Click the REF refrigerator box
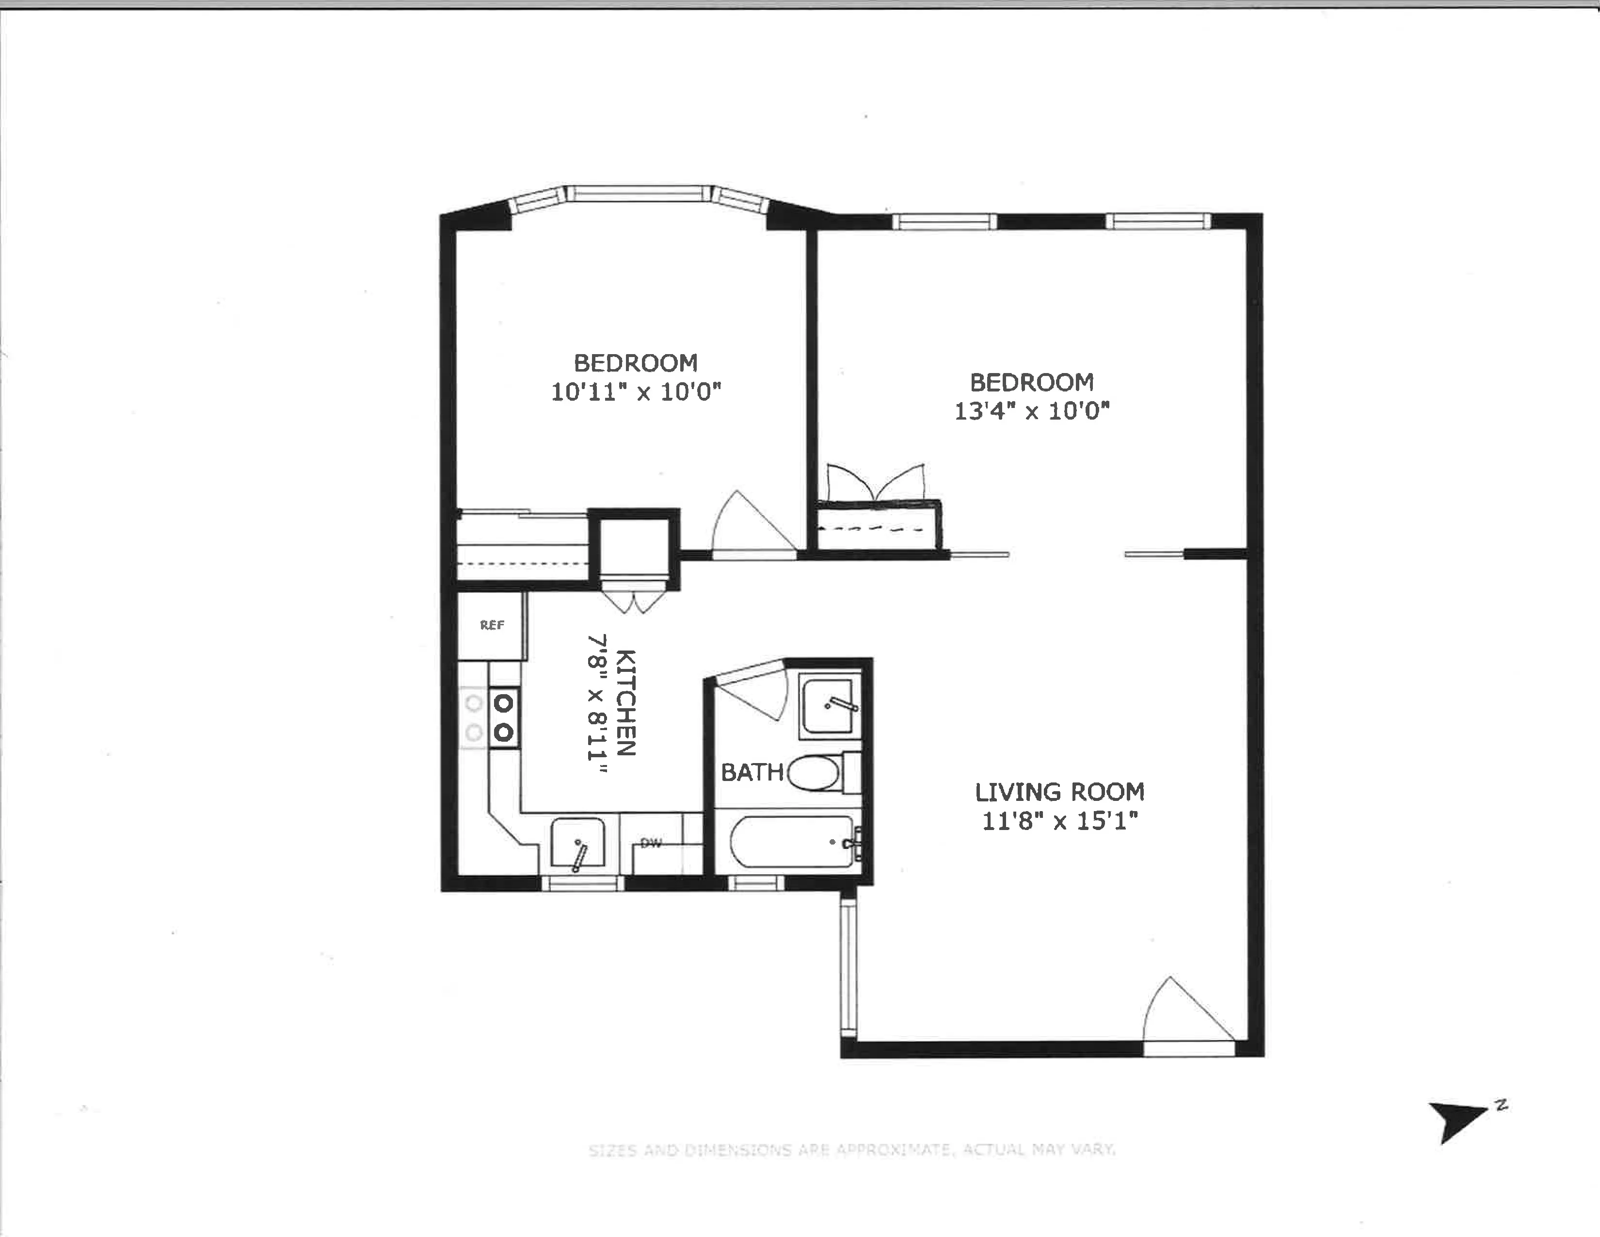coord(492,625)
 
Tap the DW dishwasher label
coord(651,844)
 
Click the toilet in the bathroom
coord(815,773)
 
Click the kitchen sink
coord(578,845)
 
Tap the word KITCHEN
coord(625,702)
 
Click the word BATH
coord(752,772)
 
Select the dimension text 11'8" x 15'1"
coord(1059,821)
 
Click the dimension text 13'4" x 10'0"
coord(1031,410)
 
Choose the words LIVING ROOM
coord(1059,792)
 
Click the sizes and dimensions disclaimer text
coord(851,1150)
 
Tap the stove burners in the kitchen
coord(503,717)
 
